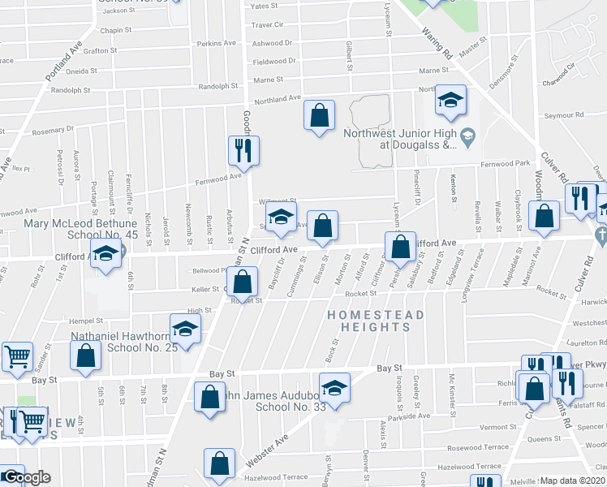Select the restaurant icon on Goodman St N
coord(243,150)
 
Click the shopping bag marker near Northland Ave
coord(320,115)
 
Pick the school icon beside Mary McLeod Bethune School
coord(105,254)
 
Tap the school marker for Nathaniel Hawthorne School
coord(186,330)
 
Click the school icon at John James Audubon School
coord(333,388)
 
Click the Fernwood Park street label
coord(504,163)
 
